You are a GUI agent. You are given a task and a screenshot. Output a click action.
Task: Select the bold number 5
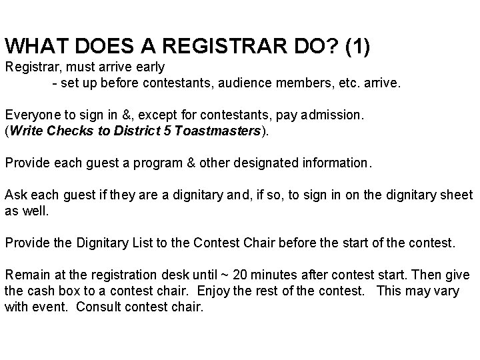click(166, 131)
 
